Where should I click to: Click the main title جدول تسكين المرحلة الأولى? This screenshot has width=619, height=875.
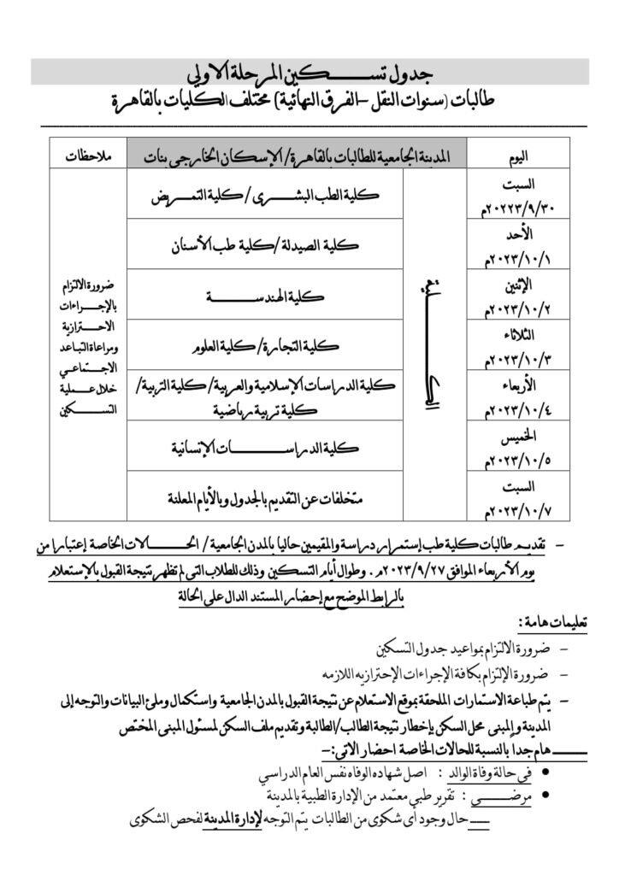point(309,71)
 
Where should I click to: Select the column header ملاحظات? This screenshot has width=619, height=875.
point(88,156)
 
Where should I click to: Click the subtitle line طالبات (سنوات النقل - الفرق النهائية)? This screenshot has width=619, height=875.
point(309,101)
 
